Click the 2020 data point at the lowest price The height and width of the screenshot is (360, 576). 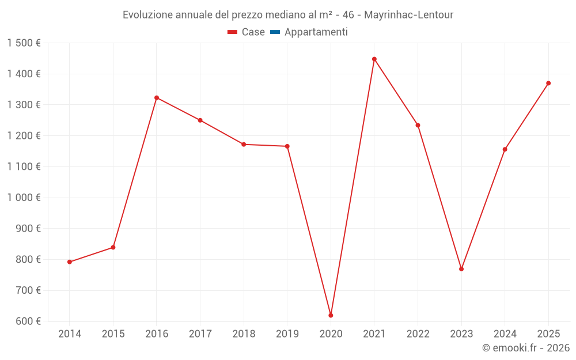pyautogui.click(x=331, y=315)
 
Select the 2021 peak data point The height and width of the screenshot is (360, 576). pyautogui.click(x=374, y=59)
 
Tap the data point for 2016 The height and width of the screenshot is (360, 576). pyautogui.click(x=157, y=97)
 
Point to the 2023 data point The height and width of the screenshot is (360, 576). pyautogui.click(x=461, y=269)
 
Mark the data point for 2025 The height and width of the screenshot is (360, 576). pyautogui.click(x=548, y=83)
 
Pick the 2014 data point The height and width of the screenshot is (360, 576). pyautogui.click(x=70, y=262)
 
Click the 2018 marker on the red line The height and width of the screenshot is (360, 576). pyautogui.click(x=244, y=144)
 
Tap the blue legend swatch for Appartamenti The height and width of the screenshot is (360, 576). pyautogui.click(x=275, y=32)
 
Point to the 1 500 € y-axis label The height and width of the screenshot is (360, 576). pyautogui.click(x=24, y=43)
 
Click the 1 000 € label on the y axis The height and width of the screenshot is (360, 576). pyautogui.click(x=24, y=198)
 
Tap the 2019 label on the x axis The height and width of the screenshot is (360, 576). pyautogui.click(x=287, y=334)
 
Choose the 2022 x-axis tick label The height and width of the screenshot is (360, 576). pyautogui.click(x=418, y=334)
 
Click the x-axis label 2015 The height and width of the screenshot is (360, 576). pyautogui.click(x=113, y=334)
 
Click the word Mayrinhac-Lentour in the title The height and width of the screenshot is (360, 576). pyautogui.click(x=408, y=14)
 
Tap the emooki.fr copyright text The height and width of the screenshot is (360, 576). pyautogui.click(x=525, y=348)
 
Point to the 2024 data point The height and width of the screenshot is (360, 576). pyautogui.click(x=505, y=149)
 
